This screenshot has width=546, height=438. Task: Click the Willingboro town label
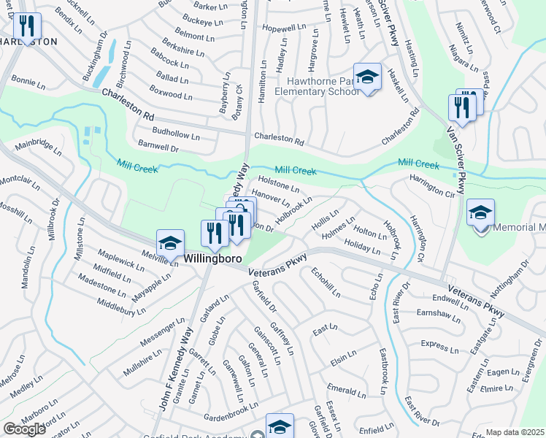pyautogui.click(x=212, y=258)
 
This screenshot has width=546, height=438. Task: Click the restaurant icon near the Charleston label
pyautogui.click(x=26, y=27)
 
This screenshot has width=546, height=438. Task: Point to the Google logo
pyautogui.click(x=24, y=429)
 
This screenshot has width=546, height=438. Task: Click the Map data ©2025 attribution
pyautogui.click(x=515, y=432)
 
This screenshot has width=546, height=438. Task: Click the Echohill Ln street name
pyautogui.click(x=326, y=283)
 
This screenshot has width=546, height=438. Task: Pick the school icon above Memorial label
pyautogui.click(x=480, y=212)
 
